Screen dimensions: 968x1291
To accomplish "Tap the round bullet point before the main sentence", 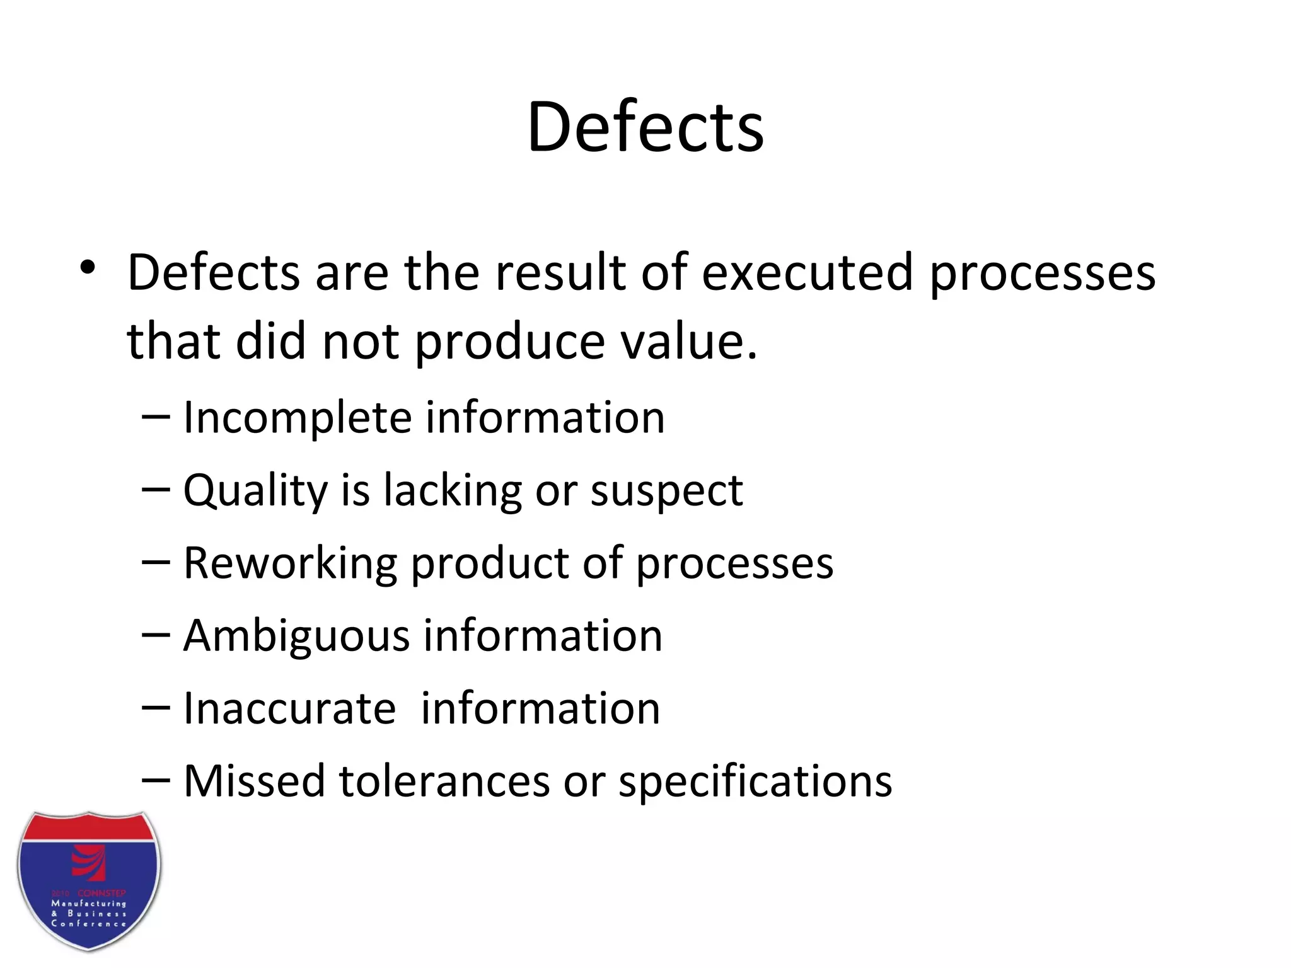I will [x=88, y=268].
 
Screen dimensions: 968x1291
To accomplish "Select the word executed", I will [x=807, y=272].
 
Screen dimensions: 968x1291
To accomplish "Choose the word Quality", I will [x=255, y=491].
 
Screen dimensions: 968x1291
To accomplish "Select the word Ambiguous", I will [x=296, y=636].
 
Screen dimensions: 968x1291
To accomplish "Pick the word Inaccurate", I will [x=289, y=708].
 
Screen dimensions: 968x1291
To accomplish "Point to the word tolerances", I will [x=444, y=781].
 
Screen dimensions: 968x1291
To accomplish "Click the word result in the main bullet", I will [x=561, y=272].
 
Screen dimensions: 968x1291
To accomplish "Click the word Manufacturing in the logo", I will [x=89, y=904].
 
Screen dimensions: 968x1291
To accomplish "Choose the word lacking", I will [x=453, y=491].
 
